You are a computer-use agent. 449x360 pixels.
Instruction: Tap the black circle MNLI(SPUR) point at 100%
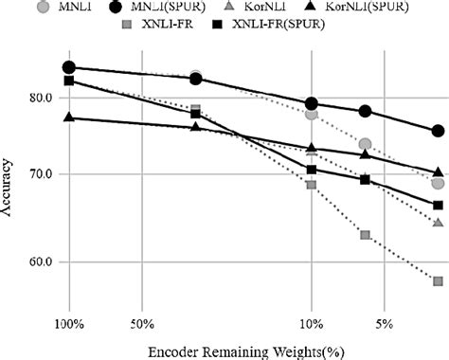click(x=69, y=67)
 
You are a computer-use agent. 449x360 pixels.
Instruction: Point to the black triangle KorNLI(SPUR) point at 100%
click(x=69, y=117)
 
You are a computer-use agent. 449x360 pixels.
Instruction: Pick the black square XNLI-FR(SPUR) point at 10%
click(x=312, y=170)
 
